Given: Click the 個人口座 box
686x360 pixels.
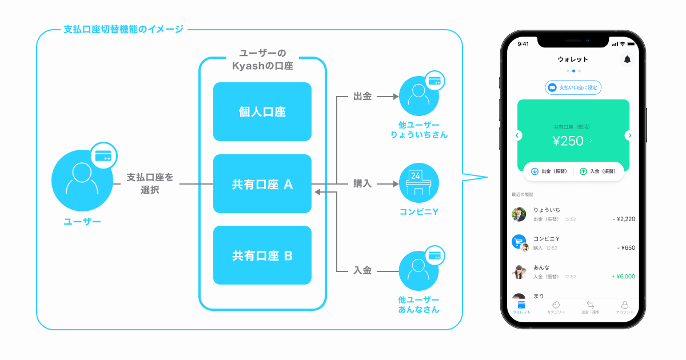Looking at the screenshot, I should click(262, 112).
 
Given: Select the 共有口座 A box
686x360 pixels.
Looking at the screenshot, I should click(262, 184).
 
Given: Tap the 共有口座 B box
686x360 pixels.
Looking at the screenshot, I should click(262, 255).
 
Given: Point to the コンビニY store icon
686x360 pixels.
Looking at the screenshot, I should click(419, 184).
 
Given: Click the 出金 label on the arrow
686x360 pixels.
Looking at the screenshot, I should click(362, 97).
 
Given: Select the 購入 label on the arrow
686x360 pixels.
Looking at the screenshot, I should click(362, 184).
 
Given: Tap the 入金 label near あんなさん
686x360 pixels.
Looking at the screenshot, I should click(362, 270).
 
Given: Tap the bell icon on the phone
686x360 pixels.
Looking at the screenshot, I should click(627, 59).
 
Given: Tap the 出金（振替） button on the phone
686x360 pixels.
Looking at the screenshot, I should click(549, 171).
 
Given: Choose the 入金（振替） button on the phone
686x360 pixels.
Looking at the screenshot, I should click(598, 171).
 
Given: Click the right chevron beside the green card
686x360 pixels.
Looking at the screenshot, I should click(629, 135).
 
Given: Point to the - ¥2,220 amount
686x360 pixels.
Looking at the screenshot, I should click(623, 219).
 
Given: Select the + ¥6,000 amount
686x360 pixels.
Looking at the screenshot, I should click(623, 277).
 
